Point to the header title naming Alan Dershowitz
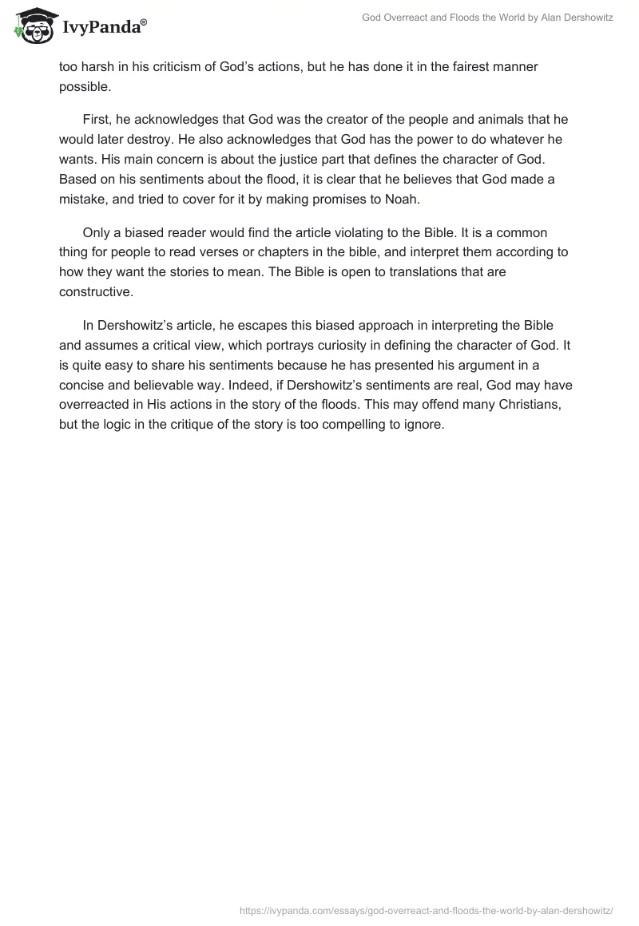coord(487,17)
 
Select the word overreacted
coord(96,404)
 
